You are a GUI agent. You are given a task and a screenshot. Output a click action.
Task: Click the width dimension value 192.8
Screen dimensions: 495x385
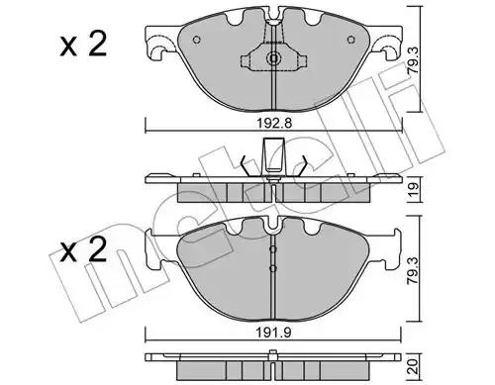(x=274, y=124)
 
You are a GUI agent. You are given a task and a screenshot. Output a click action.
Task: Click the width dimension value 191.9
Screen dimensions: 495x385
(x=274, y=334)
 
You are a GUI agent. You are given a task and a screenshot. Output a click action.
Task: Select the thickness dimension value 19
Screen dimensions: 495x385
(x=414, y=190)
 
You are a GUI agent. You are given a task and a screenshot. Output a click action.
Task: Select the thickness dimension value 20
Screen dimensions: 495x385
(x=414, y=366)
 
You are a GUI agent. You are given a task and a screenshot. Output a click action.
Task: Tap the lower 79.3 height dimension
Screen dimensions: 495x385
(x=414, y=271)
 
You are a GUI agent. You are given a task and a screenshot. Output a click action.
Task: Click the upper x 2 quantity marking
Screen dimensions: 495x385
(x=83, y=45)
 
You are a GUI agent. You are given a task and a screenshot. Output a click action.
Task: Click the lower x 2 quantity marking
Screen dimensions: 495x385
(x=83, y=250)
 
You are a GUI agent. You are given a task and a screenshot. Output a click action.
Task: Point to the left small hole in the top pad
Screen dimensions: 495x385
(x=197, y=40)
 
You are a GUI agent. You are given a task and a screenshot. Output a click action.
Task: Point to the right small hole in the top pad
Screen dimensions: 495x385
(x=351, y=40)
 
